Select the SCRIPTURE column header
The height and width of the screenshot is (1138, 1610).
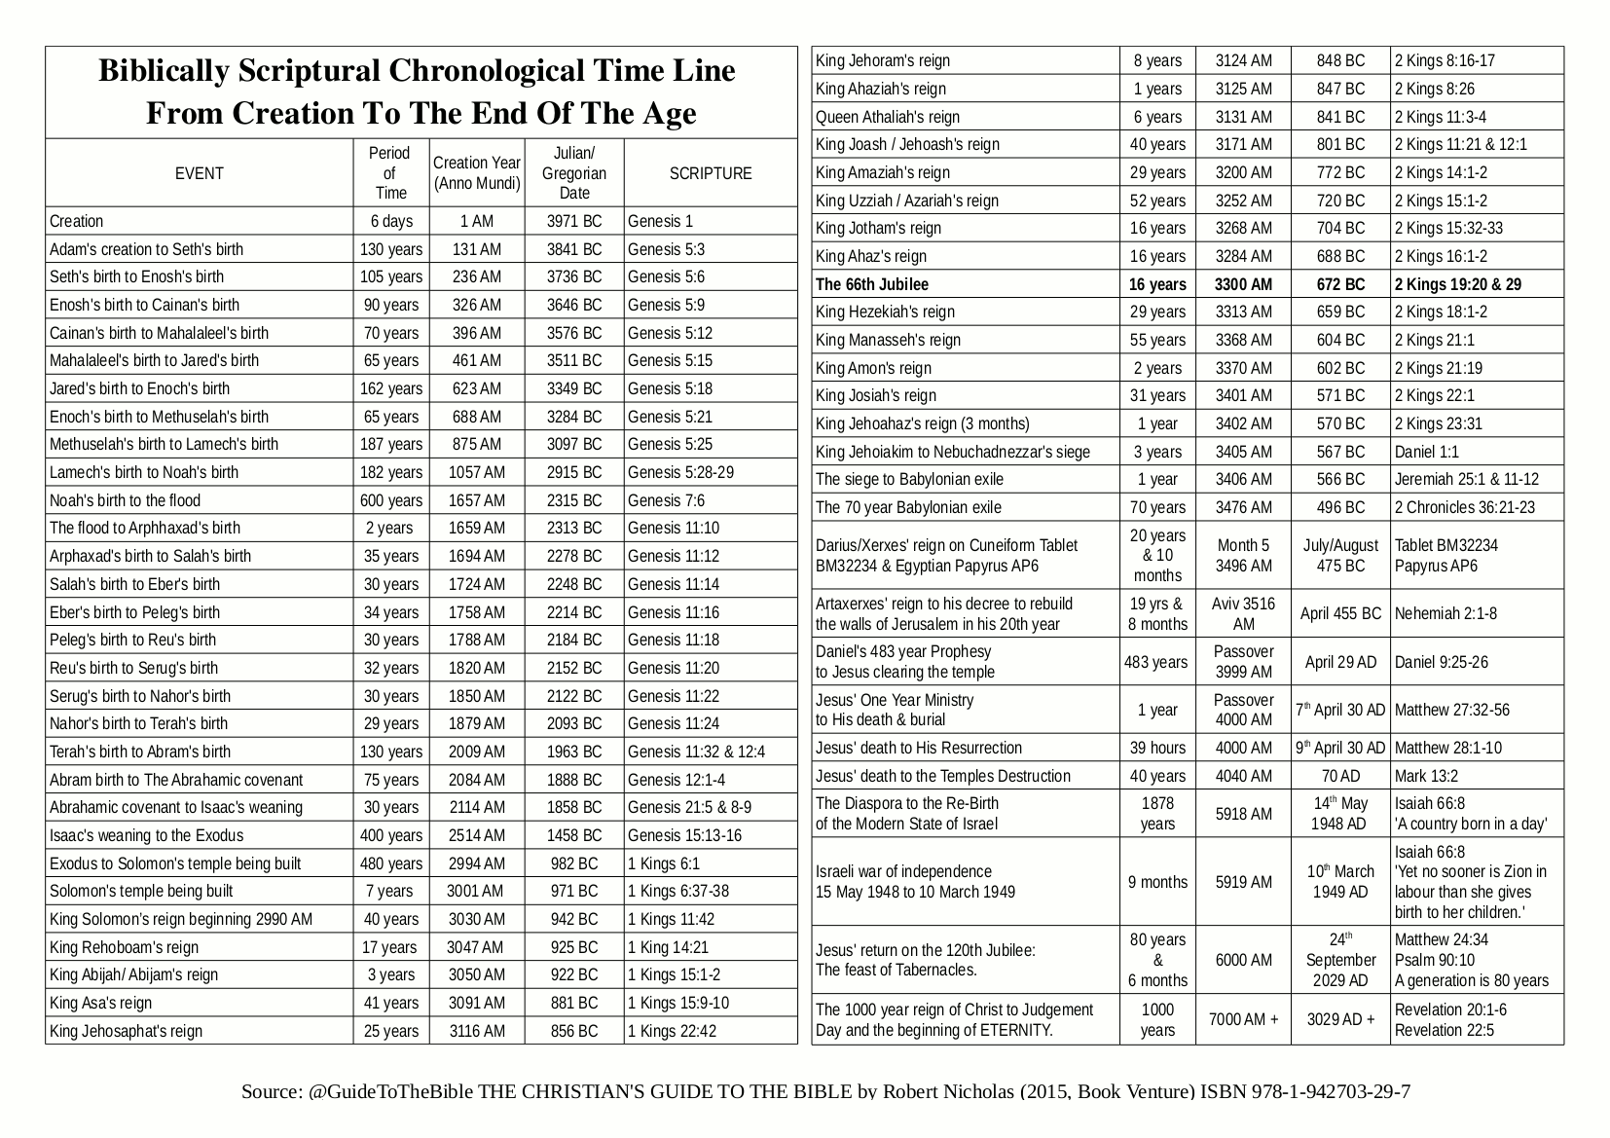click(x=711, y=173)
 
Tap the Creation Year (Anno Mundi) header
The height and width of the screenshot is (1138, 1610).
click(x=477, y=173)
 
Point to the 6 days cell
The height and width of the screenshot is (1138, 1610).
click(x=391, y=221)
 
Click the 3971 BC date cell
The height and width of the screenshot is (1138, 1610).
click(x=574, y=221)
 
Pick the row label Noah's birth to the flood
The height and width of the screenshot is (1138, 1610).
click(x=125, y=500)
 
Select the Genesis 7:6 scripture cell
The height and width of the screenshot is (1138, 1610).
click(x=666, y=500)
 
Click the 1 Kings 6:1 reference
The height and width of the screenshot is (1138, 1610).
click(x=664, y=863)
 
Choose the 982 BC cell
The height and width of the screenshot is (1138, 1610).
click(x=574, y=863)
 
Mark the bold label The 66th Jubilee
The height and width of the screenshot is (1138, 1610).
click(x=872, y=284)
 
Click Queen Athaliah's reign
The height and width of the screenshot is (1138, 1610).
click(x=888, y=117)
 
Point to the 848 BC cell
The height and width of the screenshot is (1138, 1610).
click(x=1340, y=60)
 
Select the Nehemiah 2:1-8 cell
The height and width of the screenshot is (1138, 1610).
click(x=1445, y=613)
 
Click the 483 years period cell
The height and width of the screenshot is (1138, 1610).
click(x=1156, y=662)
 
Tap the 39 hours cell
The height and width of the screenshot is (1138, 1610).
click(x=1157, y=748)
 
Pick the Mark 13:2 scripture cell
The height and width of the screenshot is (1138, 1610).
click(x=1426, y=776)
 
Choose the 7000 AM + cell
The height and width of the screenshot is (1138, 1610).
click(x=1243, y=1019)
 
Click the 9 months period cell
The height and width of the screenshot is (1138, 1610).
click(x=1157, y=882)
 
